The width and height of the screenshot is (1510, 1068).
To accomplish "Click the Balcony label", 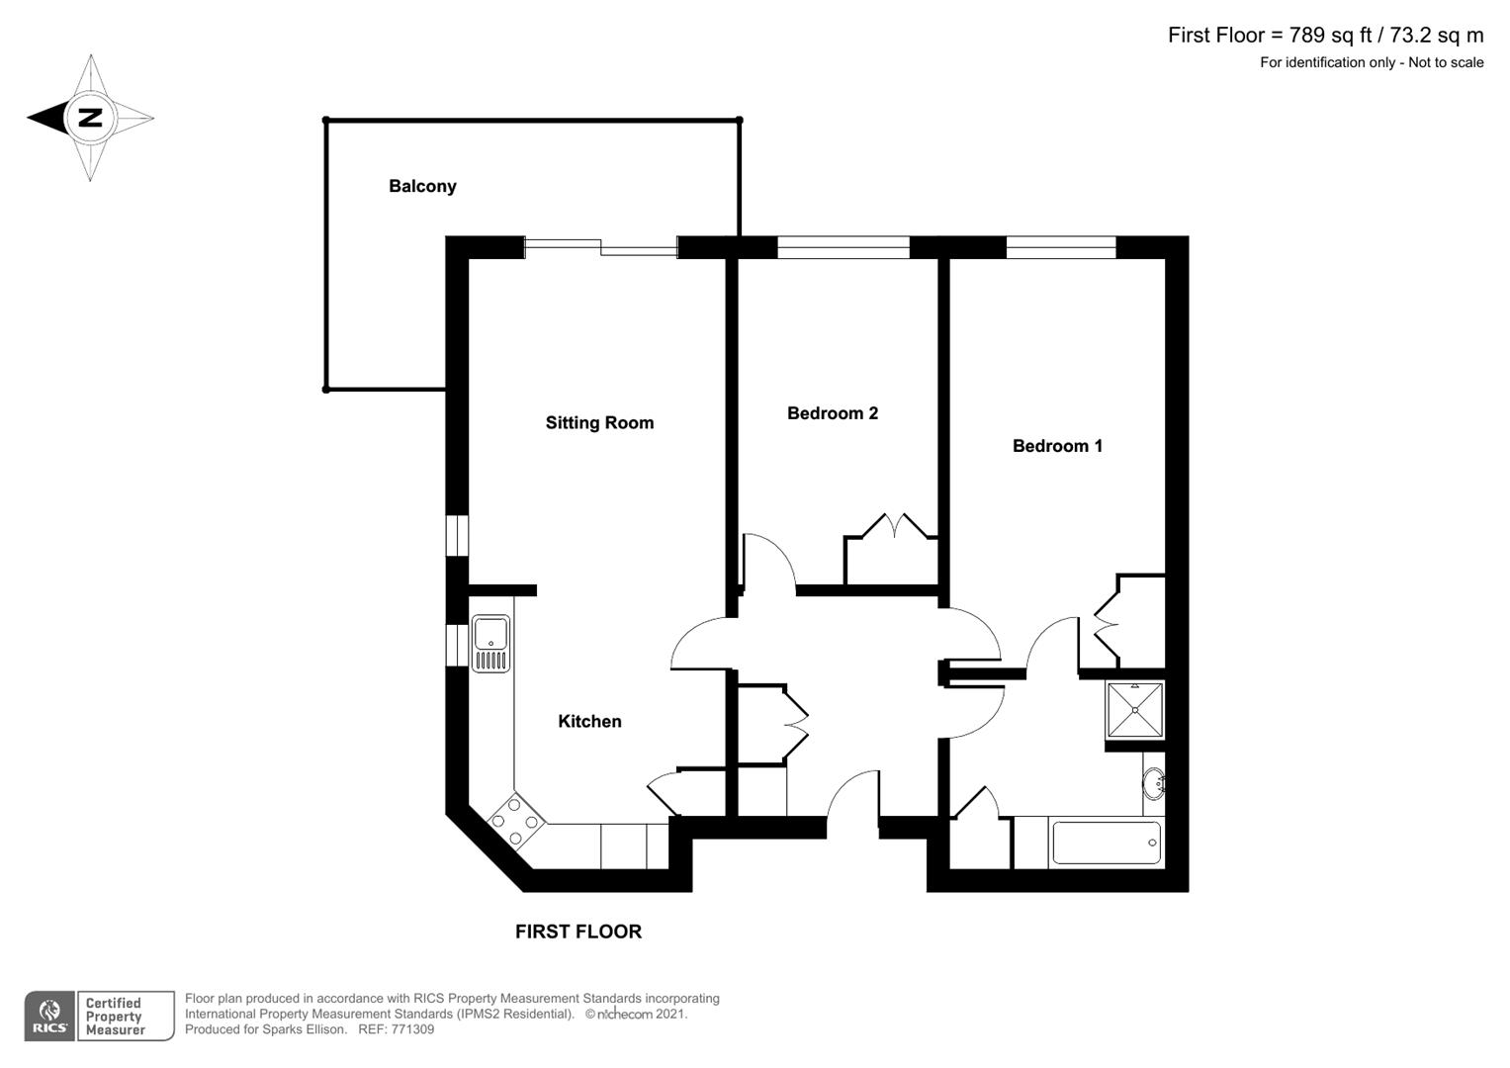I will coord(422,186).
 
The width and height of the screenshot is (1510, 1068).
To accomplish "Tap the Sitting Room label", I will coord(599,423).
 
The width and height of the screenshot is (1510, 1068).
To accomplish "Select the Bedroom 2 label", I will coord(832,413).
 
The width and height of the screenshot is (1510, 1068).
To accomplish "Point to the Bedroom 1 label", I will coord(1057,446).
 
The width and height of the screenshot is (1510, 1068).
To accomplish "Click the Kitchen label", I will coord(589,722).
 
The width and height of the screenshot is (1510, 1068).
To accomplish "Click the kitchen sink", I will coord(490,644).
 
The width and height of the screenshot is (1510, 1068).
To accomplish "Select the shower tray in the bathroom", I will coord(1135,710).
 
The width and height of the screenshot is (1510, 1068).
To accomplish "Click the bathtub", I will coord(1107,844).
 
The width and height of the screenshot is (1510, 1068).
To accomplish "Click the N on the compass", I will coord(90,118).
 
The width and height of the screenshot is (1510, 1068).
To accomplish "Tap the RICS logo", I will coord(48,1016).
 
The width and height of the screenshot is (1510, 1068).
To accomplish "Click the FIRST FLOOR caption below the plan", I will coord(578,932).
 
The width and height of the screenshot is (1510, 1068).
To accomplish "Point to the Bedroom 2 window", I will coord(843,247).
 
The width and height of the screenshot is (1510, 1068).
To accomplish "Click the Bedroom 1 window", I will coord(1061,247).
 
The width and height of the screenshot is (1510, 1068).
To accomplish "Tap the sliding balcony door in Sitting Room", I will coord(600,247).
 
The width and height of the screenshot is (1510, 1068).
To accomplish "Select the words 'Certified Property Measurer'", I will coord(115,1017).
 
